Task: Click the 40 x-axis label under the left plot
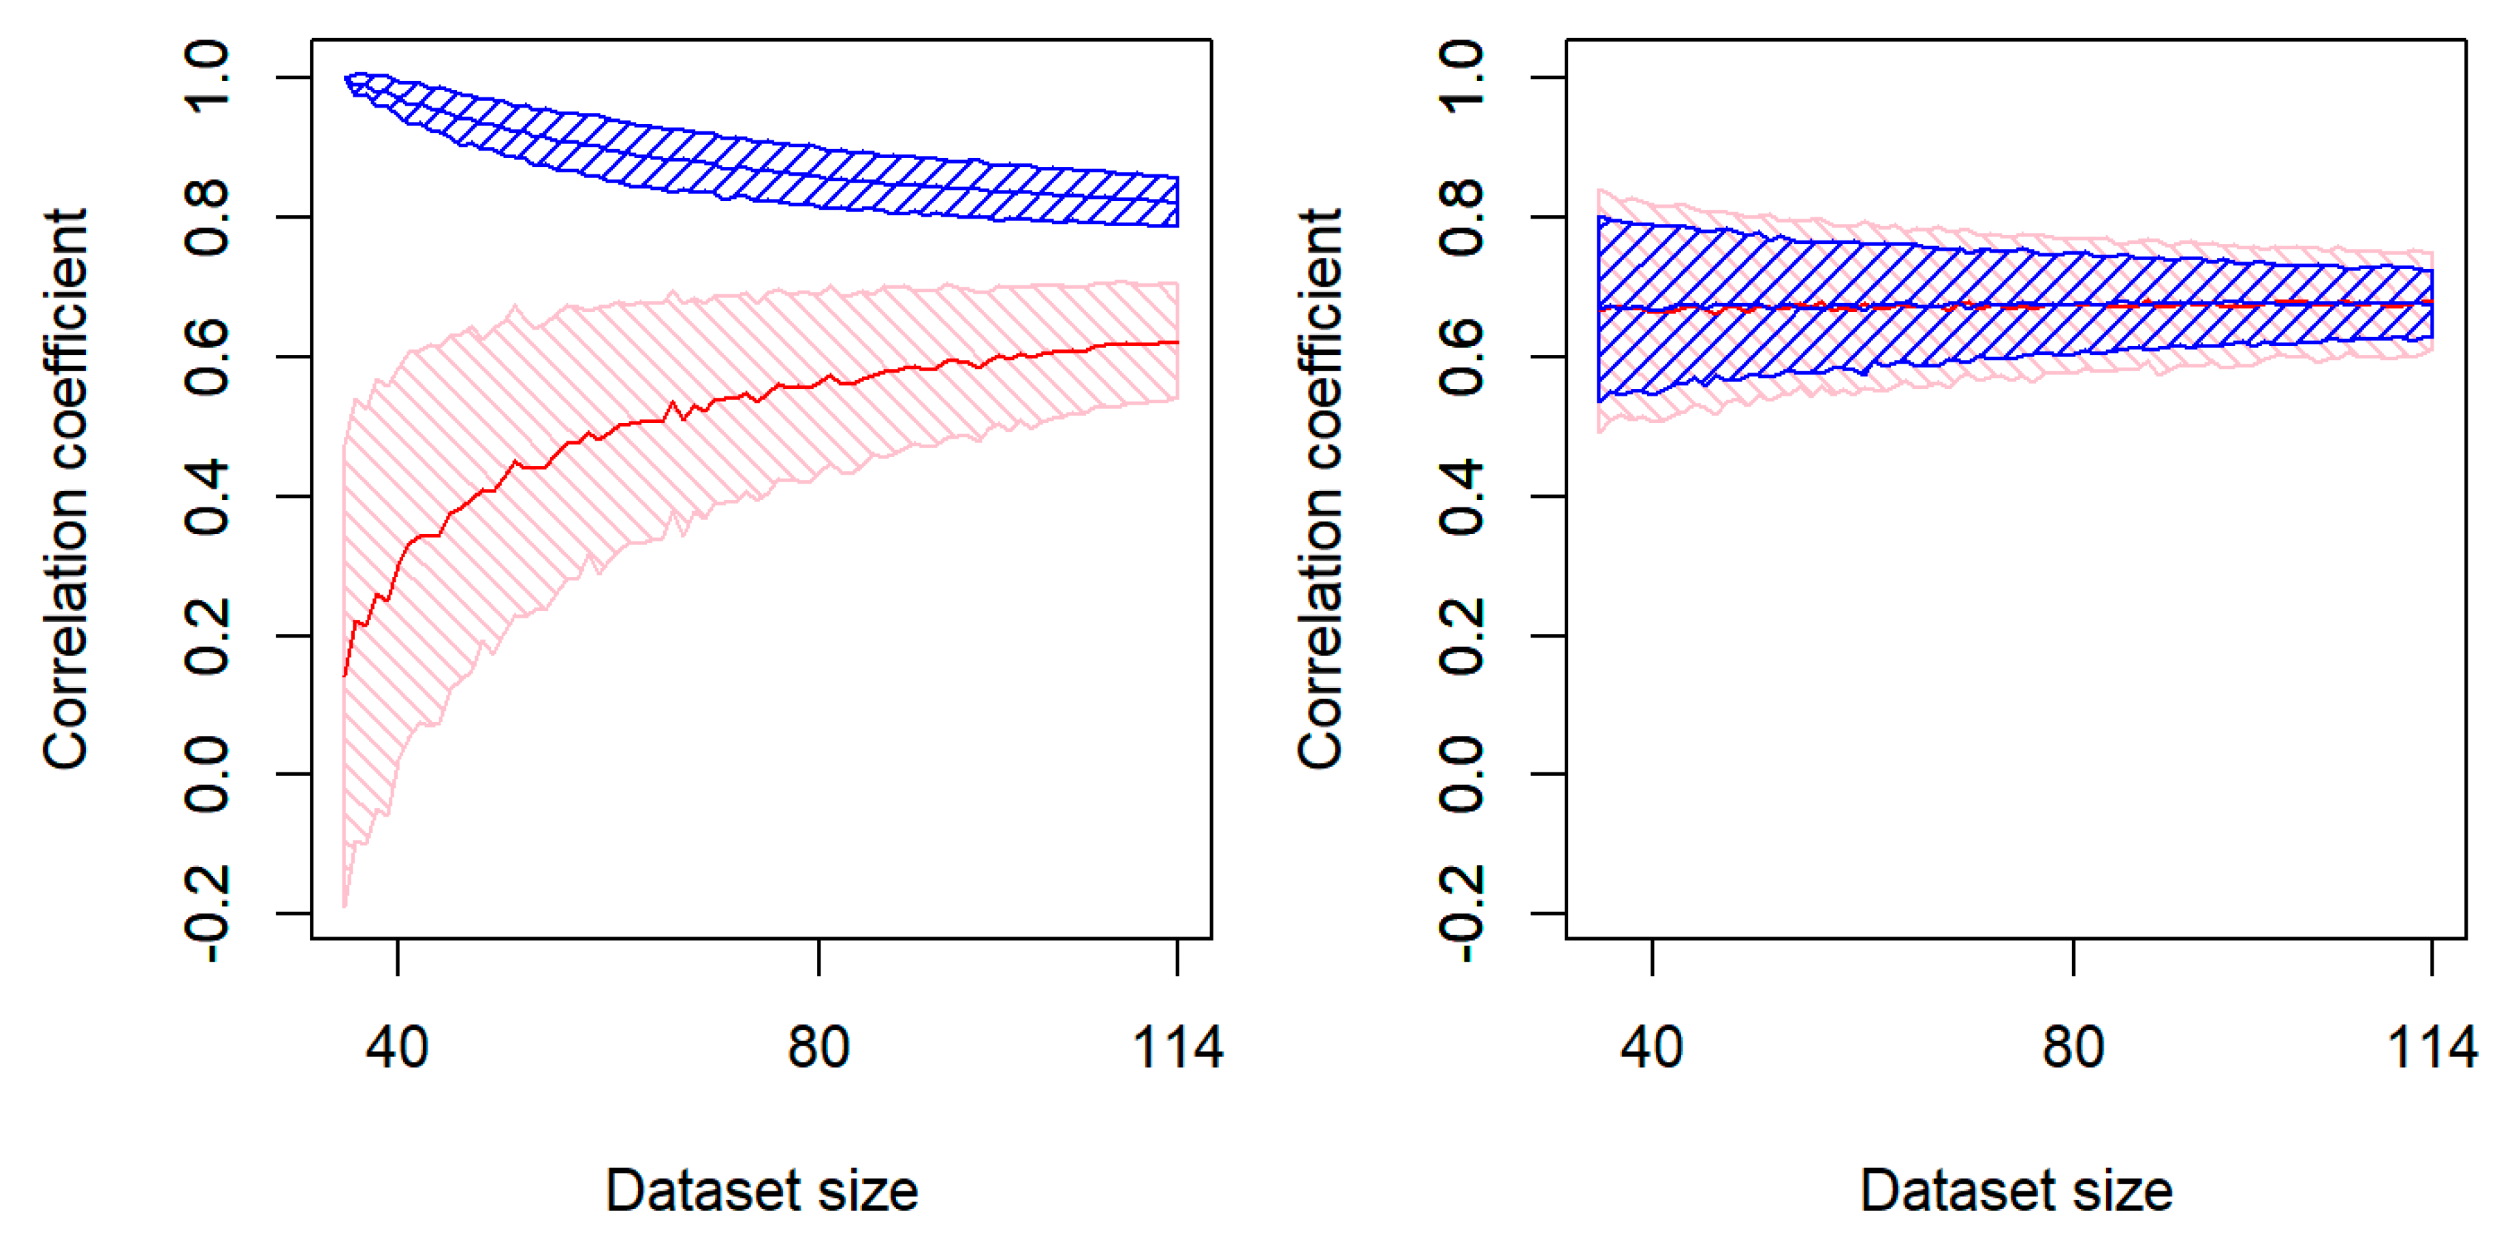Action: (x=397, y=1048)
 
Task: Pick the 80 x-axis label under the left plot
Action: (x=818, y=1048)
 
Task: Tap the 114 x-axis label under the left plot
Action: (x=1178, y=1048)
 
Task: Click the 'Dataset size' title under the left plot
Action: (x=761, y=1191)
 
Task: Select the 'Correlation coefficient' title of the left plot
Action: (x=66, y=490)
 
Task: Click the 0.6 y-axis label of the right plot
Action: (x=1461, y=356)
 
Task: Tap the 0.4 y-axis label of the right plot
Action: (x=1461, y=497)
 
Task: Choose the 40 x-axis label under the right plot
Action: (x=1651, y=1048)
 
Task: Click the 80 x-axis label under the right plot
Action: (x=2073, y=1048)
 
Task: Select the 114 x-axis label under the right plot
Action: (x=2432, y=1048)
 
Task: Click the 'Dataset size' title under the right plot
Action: (x=2016, y=1191)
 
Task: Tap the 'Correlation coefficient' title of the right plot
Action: (x=1320, y=490)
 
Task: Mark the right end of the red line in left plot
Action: (x=1178, y=342)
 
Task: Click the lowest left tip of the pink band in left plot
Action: (x=345, y=905)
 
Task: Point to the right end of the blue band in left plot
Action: (x=1178, y=202)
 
